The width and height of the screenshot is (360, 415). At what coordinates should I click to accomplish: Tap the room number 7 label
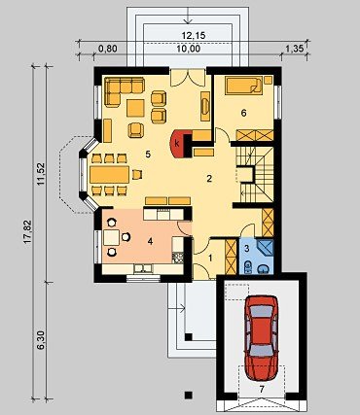262,389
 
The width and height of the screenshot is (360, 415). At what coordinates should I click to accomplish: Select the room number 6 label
244,113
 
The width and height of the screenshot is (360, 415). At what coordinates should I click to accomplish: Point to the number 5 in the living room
148,155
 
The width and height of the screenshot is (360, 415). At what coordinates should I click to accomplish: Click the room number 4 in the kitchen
150,241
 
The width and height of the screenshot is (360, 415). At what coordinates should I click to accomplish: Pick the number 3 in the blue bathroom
247,249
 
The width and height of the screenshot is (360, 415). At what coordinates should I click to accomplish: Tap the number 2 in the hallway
209,179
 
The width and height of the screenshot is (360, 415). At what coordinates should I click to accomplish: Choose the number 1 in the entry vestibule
210,259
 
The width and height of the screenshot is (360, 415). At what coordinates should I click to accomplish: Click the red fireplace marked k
178,144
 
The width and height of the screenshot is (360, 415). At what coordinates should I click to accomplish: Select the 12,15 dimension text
194,36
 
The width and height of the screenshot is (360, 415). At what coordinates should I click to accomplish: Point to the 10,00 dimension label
189,49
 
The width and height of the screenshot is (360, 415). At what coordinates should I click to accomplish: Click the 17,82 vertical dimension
27,231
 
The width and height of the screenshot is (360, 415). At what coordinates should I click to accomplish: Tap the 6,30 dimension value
41,340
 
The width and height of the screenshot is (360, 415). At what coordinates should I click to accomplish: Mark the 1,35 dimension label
295,49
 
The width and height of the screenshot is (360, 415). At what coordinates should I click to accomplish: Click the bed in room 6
244,86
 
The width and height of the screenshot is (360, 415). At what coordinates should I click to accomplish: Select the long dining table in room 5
110,175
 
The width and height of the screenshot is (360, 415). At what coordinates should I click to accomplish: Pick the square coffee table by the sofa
135,108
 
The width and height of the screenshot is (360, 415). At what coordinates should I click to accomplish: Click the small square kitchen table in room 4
111,237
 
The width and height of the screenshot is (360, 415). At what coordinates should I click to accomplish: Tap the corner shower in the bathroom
266,248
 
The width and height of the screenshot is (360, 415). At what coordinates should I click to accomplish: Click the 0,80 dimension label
107,49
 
